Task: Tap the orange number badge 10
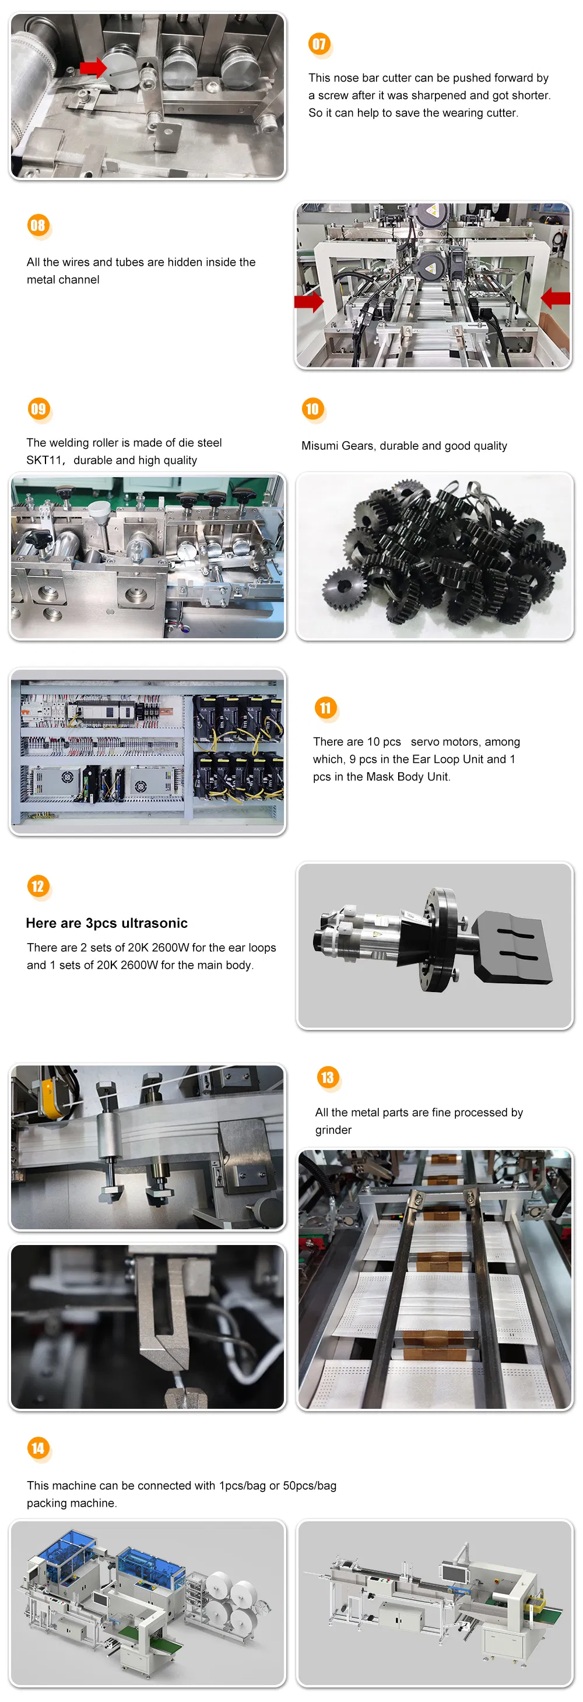(x=311, y=409)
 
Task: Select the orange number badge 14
(x=38, y=1448)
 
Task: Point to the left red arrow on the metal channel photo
(x=308, y=302)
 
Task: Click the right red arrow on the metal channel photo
(x=556, y=298)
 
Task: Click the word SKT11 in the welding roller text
(x=44, y=460)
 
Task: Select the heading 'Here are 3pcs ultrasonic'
(x=107, y=923)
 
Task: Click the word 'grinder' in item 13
(x=333, y=1130)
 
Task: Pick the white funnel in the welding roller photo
(x=99, y=510)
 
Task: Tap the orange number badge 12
(x=38, y=886)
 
